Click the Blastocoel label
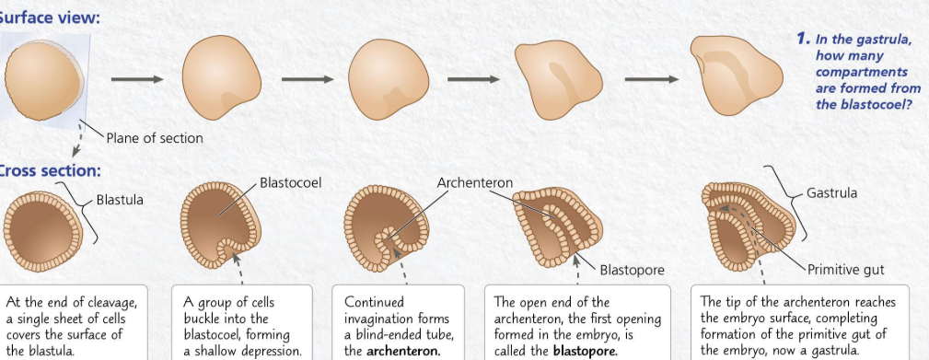[x=290, y=183]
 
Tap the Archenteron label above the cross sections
[x=474, y=183]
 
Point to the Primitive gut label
[x=846, y=270]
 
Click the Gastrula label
[x=831, y=193]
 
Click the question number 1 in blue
[x=803, y=40]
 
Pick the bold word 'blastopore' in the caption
[x=579, y=351]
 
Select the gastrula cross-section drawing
[x=743, y=226]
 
